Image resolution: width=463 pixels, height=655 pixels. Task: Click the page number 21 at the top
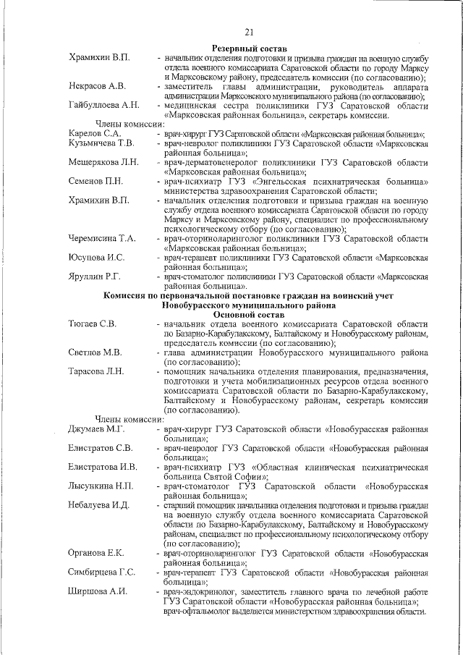(x=250, y=31)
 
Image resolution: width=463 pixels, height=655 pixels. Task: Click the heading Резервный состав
(x=249, y=47)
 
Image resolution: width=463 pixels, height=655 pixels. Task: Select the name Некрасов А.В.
(x=98, y=86)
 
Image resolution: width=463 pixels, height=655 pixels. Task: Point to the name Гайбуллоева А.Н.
(x=104, y=105)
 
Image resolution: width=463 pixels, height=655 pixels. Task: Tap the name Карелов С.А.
(x=94, y=134)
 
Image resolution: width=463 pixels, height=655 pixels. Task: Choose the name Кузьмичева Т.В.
(x=101, y=143)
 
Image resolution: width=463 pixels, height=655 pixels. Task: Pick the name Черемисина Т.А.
(x=103, y=238)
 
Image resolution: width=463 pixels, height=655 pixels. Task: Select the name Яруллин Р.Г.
(x=94, y=276)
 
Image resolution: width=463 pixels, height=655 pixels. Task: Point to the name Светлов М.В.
(x=95, y=352)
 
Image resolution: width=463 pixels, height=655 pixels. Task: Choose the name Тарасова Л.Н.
(x=97, y=372)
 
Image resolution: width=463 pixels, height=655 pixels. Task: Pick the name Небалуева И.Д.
(x=99, y=505)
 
